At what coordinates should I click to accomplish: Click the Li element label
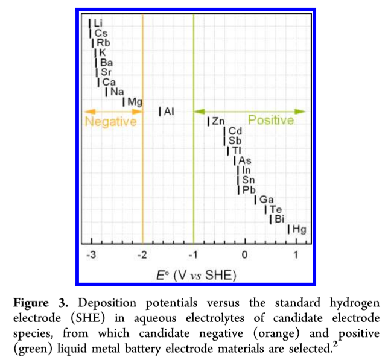98,24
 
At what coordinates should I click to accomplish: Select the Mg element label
135,103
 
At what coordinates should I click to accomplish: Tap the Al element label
169,112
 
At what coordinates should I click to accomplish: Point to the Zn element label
218,122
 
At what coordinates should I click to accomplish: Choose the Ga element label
267,200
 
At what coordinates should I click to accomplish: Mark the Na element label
116,92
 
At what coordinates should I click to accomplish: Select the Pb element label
249,190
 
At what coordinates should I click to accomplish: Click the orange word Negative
111,122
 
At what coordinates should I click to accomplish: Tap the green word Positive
271,121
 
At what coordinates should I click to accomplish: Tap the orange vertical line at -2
142,181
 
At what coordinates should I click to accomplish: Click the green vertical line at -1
194,181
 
